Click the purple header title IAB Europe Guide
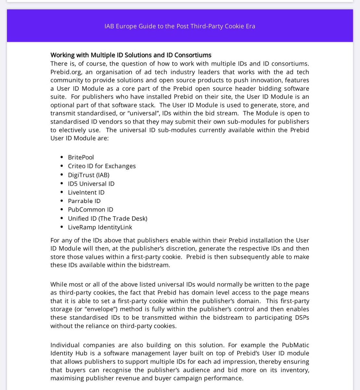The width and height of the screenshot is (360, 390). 180,26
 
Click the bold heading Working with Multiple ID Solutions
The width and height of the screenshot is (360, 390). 130,55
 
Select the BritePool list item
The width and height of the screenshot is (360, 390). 81,157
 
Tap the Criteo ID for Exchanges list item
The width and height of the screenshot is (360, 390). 102,166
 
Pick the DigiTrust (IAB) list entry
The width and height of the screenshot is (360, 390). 88,175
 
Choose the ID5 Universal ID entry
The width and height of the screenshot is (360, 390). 91,184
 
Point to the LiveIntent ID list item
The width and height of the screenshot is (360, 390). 86,192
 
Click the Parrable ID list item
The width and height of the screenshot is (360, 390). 84,201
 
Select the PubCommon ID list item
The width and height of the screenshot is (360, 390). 90,210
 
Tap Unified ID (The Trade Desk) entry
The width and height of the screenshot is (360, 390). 107,219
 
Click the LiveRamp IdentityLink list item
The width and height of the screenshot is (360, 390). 100,227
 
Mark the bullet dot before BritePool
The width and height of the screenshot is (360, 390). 62,158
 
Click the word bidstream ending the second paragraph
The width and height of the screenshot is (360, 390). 154,265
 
